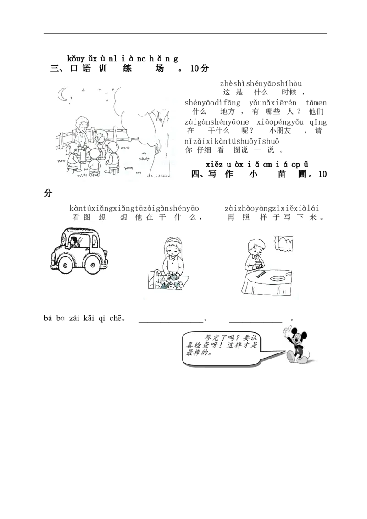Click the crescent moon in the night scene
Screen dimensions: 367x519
(x=61, y=94)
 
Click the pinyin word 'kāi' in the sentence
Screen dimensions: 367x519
(x=89, y=318)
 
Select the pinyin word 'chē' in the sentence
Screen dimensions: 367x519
(x=115, y=319)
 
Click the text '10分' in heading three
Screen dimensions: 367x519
(x=200, y=68)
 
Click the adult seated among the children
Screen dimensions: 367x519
(x=80, y=134)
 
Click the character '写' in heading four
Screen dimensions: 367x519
(x=212, y=174)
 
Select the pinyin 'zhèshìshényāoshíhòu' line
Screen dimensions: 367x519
(x=261, y=83)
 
